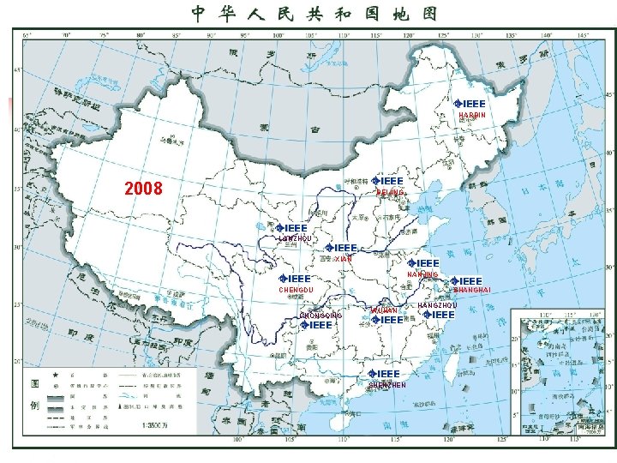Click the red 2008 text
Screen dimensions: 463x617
click(143, 188)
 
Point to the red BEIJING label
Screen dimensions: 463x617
click(390, 193)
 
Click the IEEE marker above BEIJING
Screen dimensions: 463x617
click(388, 182)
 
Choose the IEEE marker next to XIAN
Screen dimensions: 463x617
click(341, 248)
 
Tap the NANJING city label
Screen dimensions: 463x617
click(422, 274)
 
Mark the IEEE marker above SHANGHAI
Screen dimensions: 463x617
click(467, 280)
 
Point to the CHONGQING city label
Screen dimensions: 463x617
click(321, 316)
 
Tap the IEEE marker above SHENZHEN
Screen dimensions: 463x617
click(384, 374)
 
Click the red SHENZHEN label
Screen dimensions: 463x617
click(386, 385)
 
